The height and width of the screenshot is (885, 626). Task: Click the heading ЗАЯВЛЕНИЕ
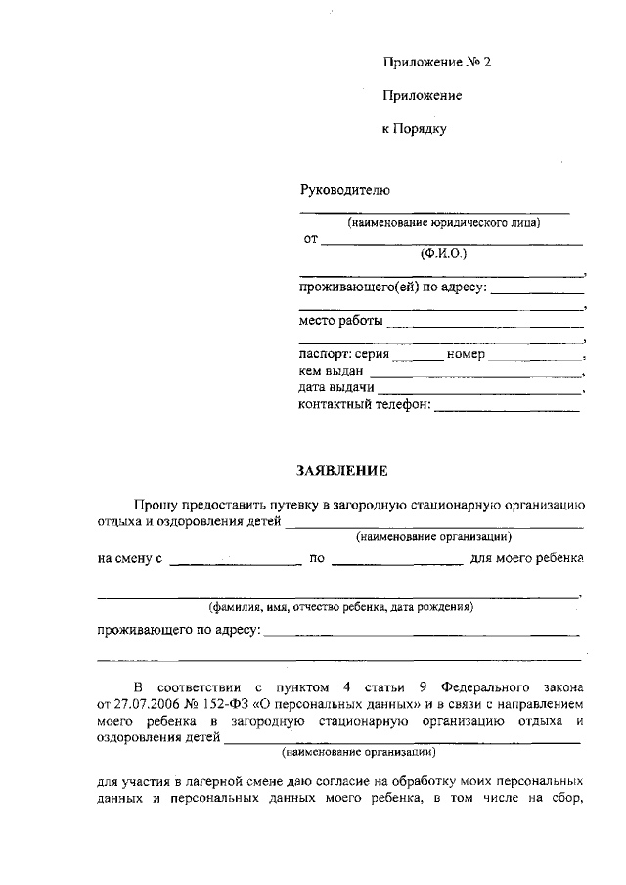coord(342,471)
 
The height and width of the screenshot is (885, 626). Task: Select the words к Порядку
coord(413,128)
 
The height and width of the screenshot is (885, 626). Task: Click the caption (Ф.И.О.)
coord(444,254)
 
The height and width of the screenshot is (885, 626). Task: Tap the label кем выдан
coord(332,372)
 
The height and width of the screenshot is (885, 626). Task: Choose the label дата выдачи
coord(337,389)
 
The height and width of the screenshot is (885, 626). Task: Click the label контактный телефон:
coord(364,406)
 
